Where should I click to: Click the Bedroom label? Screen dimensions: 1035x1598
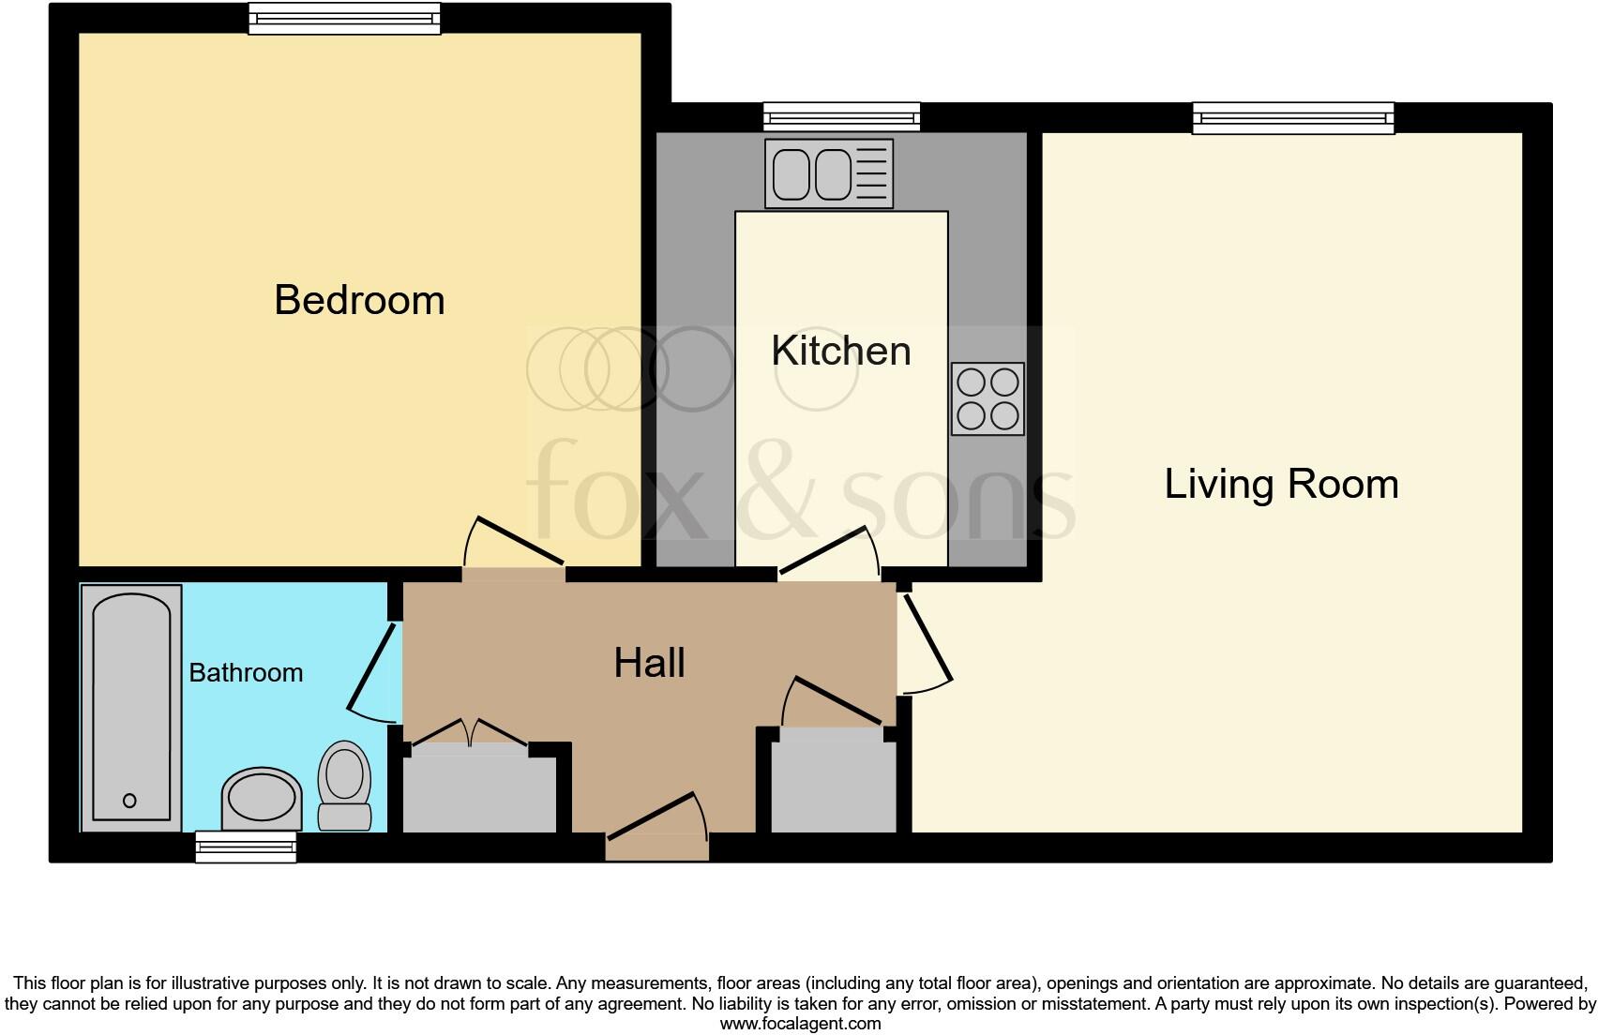(x=359, y=301)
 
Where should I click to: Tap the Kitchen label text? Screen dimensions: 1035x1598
(x=840, y=352)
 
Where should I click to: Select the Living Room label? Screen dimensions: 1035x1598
(x=1281, y=485)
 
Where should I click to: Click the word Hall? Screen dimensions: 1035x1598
(x=649, y=664)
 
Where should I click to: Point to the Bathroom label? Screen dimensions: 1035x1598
(x=246, y=673)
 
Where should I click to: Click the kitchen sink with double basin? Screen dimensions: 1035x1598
(x=828, y=174)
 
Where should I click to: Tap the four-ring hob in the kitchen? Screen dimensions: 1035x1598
(x=987, y=398)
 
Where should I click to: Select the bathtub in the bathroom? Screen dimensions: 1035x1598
(x=131, y=708)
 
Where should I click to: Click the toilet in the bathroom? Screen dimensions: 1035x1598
(x=344, y=786)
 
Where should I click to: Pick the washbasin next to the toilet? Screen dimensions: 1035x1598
(x=262, y=798)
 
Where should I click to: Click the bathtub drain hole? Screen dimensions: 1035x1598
(x=129, y=801)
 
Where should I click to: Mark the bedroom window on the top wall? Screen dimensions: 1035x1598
(x=344, y=19)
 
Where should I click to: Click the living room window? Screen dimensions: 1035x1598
(x=1293, y=118)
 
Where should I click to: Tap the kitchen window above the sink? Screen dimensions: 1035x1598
(x=841, y=117)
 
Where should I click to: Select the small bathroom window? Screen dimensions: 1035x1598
(x=246, y=847)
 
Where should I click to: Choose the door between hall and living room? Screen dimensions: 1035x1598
(x=924, y=642)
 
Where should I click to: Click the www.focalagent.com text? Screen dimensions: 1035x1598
(x=800, y=1024)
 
